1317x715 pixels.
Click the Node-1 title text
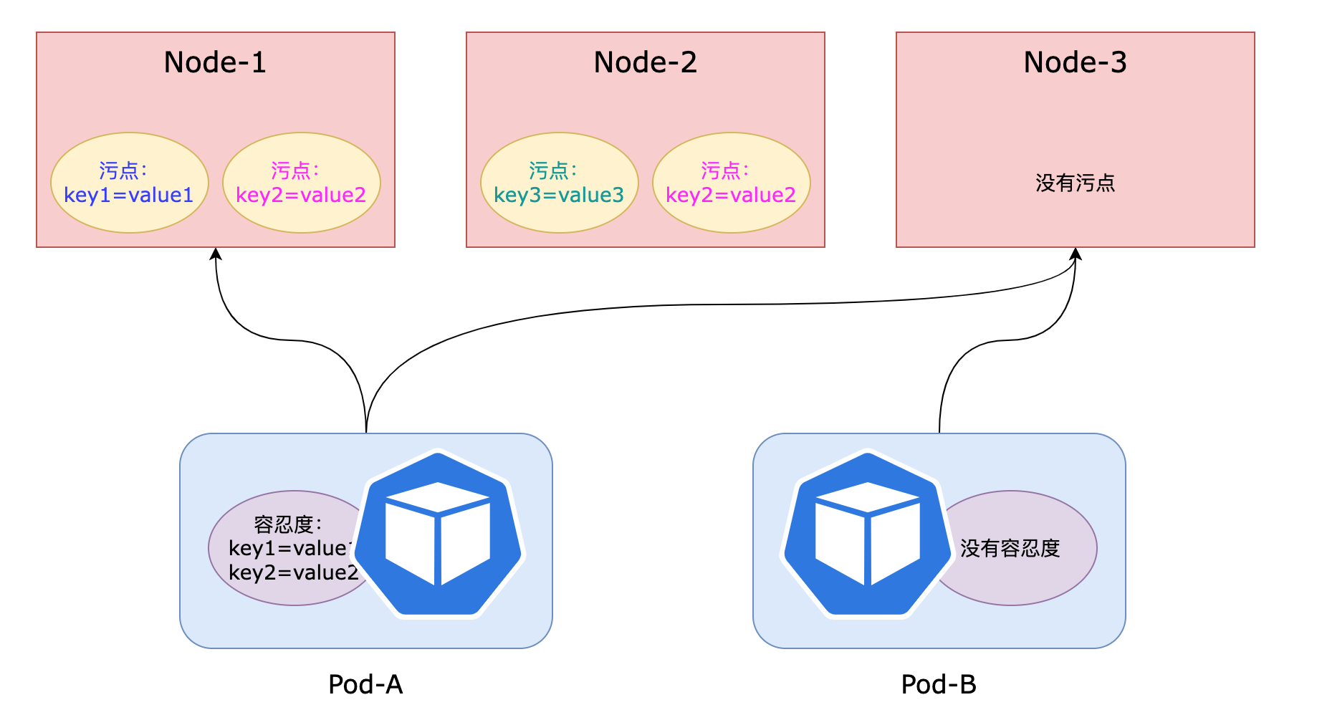215,62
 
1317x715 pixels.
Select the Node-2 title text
645,62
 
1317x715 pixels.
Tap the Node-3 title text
1075,62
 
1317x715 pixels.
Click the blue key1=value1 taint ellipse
129,183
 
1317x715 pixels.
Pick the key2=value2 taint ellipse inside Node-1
301,183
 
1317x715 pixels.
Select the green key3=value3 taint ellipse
559,183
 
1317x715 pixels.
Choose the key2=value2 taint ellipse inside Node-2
731,183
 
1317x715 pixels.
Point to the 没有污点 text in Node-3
1075,183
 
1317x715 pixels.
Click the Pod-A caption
365,685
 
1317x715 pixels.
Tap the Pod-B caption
939,685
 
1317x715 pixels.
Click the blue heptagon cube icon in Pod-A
439,534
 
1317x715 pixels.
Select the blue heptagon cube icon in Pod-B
868,534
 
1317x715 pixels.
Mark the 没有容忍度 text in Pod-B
1010,549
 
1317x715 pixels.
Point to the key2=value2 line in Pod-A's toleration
293,573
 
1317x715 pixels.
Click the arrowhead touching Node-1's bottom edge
216,254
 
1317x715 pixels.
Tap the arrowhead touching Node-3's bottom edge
1075,254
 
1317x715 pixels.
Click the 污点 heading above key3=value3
552,171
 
